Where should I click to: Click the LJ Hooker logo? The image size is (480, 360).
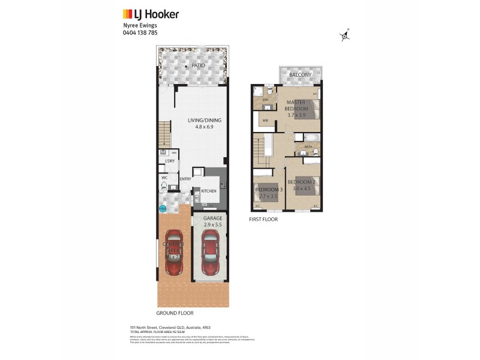[151, 14]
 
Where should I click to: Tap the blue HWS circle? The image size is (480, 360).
[162, 209]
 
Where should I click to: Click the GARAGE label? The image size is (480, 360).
[212, 218]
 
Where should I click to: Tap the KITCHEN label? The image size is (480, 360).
[208, 191]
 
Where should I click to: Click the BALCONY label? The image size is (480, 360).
[300, 75]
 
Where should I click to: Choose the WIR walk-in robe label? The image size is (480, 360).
[265, 121]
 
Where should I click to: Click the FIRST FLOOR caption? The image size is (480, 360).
[263, 220]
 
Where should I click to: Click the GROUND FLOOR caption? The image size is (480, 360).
[175, 313]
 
